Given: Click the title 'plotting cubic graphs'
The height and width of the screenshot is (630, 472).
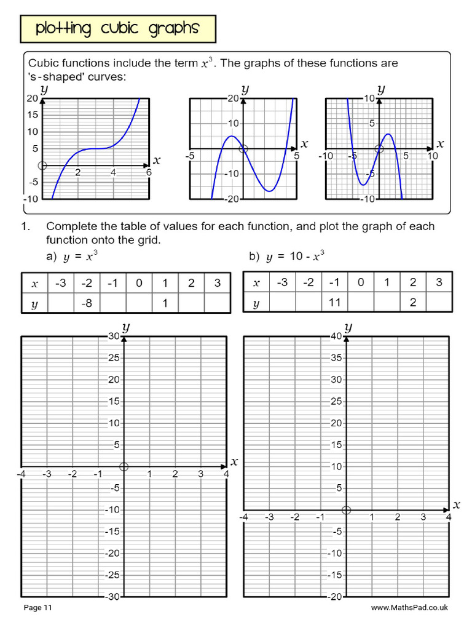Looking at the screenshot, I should click(x=117, y=28).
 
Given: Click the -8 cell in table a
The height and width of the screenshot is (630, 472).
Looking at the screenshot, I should click(x=87, y=303).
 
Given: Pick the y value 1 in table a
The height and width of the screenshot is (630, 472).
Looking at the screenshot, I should click(x=165, y=303).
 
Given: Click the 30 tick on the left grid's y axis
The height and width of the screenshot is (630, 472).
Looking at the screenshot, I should click(x=113, y=336).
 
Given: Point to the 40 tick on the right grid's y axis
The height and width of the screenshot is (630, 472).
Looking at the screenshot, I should click(x=336, y=336).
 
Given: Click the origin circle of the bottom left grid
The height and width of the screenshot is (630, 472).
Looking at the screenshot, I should click(x=124, y=466).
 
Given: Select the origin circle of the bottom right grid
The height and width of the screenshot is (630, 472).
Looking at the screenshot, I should click(x=346, y=509).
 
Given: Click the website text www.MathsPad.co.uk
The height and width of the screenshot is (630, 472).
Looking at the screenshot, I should click(x=409, y=608).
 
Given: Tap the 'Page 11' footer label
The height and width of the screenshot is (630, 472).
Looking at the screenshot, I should click(x=38, y=608).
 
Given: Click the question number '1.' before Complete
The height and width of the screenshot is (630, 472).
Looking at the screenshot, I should click(x=26, y=226).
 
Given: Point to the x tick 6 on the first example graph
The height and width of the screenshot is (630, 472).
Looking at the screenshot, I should click(x=148, y=173).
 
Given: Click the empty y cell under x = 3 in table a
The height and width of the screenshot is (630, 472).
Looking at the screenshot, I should click(x=217, y=303).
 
